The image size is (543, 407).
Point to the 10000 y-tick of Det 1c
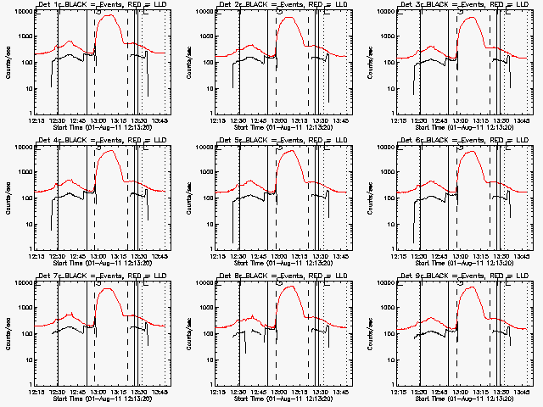tap(21, 11)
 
